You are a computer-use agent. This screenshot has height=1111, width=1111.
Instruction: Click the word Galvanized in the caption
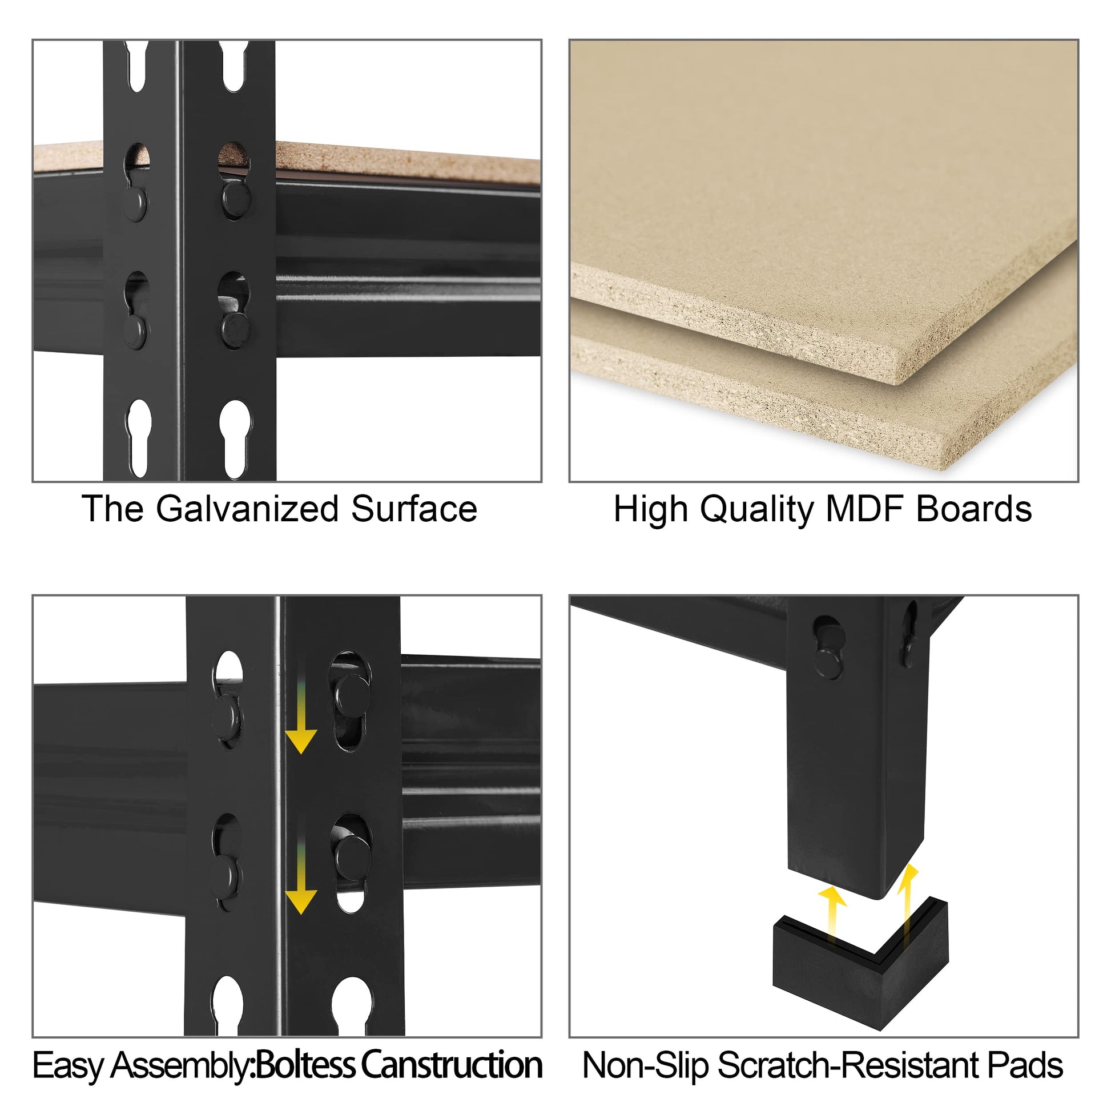[247, 509]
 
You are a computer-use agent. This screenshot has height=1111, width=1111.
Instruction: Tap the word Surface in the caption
[414, 509]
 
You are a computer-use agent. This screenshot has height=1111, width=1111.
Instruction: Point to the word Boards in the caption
[974, 509]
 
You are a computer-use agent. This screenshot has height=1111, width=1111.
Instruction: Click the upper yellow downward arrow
[300, 707]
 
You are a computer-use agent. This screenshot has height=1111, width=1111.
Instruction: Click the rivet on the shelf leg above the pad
[828, 662]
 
